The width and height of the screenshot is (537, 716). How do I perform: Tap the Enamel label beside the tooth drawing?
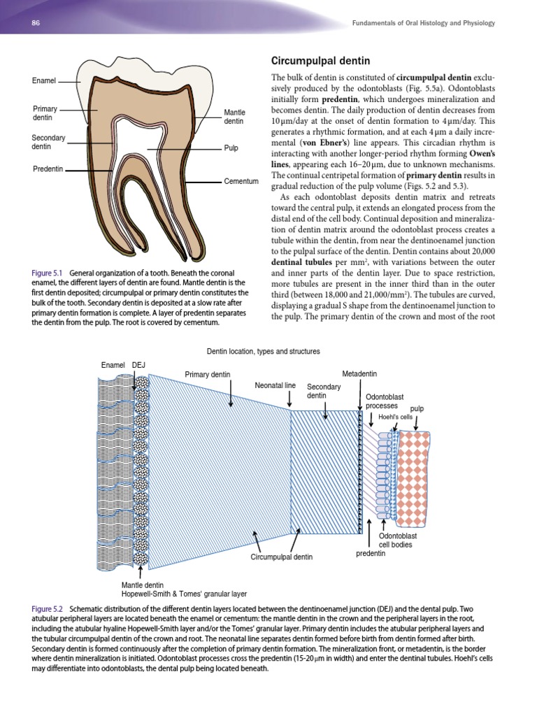tap(44, 81)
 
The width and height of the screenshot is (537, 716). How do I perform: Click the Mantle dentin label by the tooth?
tap(234, 117)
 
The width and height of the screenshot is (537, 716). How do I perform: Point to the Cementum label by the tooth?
tap(241, 181)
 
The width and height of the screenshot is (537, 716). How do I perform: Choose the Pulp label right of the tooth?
tap(231, 148)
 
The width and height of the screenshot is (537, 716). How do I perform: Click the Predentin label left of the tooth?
tap(48, 169)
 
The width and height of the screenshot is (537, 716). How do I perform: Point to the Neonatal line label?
tap(275, 385)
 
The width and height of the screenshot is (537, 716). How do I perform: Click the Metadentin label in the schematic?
tap(359, 373)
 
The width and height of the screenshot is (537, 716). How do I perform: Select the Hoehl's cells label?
tap(396, 417)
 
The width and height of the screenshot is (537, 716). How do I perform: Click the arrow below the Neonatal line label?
tap(290, 399)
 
